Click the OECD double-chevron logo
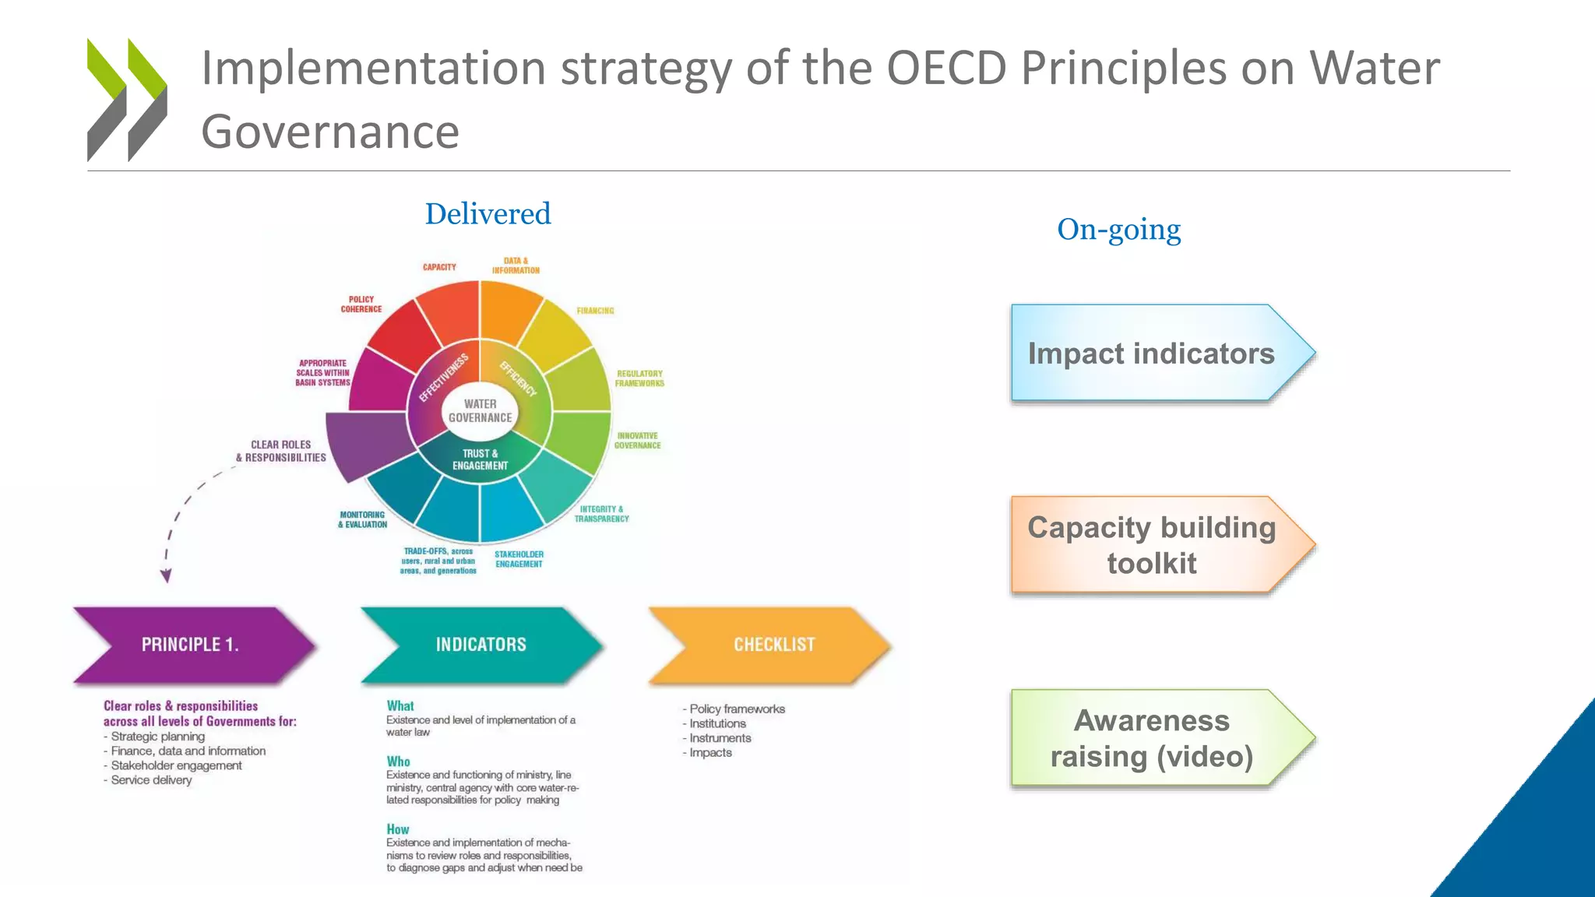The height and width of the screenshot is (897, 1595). coord(127,100)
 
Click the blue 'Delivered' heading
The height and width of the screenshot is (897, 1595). coord(488,214)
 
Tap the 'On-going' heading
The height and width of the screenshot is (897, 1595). coord(1118,230)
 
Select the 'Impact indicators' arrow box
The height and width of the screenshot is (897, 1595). coord(1151,354)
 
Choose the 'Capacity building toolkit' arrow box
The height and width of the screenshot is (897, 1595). coord(1151,545)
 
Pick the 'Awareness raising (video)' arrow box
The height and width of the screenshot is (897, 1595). coord(1151,738)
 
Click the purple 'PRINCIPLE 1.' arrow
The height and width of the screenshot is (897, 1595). coord(191,645)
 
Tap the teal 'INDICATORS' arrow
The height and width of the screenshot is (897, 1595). coord(481,645)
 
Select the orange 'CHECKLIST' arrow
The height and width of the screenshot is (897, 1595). coord(773,645)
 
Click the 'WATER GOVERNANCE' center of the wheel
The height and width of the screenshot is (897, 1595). coord(480,410)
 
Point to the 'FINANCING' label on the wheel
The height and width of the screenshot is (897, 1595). coord(595,311)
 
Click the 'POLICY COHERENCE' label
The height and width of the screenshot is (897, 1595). coord(361,304)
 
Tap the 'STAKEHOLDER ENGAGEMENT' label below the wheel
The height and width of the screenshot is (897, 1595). coord(519,559)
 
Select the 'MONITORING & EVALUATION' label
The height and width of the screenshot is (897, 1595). coord(362,519)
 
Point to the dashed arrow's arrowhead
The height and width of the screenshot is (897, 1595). coord(166,576)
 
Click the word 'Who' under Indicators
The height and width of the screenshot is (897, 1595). coord(398,762)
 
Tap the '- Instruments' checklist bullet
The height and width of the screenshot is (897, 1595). coord(718,738)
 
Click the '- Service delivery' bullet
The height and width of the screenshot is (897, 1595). coord(149,780)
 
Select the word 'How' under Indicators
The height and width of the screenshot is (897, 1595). coord(397,829)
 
